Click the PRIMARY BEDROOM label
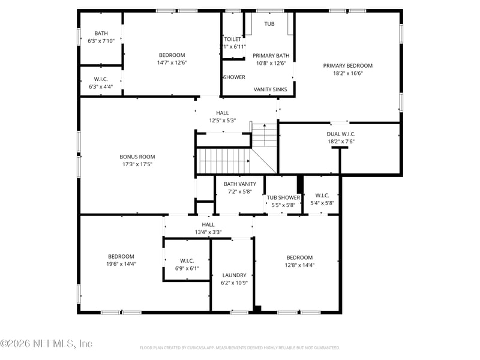pos(347,66)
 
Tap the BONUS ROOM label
pos(137,157)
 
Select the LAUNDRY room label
pos(234,275)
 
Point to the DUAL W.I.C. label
pos(341,134)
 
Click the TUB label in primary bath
pos(269,24)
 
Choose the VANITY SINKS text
pos(270,89)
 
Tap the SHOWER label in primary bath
pos(234,77)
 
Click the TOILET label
pos(232,39)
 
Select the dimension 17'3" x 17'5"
pos(137,164)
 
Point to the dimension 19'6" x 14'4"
pos(121,263)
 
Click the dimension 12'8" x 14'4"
pos(299,265)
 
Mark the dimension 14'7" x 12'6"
pos(172,62)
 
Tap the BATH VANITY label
pos(240,184)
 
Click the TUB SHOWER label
pos(283,197)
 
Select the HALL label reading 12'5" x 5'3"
pos(222,113)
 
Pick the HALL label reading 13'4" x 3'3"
pos(208,224)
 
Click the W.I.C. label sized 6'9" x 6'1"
pos(186,260)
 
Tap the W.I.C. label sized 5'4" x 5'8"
pos(322,195)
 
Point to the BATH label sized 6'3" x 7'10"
pos(101,33)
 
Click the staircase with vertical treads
pos(223,160)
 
